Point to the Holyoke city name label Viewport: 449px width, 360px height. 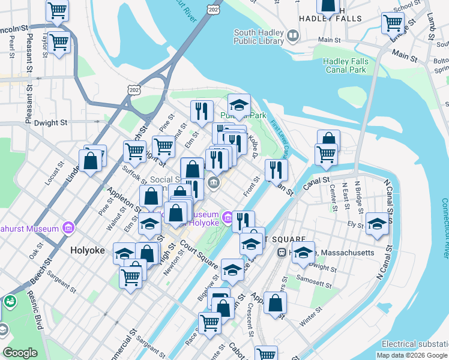[x=88, y=250]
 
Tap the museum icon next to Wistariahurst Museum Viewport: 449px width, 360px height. [x=67, y=229]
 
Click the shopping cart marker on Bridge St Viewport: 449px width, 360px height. [x=393, y=23]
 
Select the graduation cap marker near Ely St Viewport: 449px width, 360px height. [x=377, y=224]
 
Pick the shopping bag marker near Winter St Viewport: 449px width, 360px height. [x=275, y=304]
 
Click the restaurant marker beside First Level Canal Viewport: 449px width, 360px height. [x=276, y=170]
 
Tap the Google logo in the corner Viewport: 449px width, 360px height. [x=20, y=352]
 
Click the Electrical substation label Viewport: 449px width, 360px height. [x=415, y=344]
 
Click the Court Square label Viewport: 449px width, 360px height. [x=198, y=255]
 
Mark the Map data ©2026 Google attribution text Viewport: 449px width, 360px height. [x=412, y=355]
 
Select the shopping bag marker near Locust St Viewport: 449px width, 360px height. [x=90, y=161]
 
